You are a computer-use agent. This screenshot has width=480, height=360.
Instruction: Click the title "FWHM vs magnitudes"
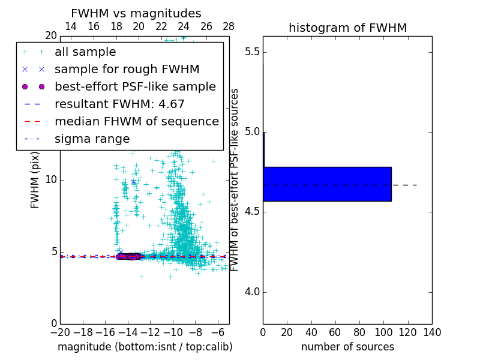pyautogui.click(x=136, y=13)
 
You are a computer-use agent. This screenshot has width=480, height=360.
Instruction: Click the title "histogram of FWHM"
pyautogui.click(x=347, y=28)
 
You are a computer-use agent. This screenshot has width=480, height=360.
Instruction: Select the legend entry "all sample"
pyautogui.click(x=85, y=52)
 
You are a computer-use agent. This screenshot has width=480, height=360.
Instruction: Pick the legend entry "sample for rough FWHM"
pyautogui.click(x=127, y=69)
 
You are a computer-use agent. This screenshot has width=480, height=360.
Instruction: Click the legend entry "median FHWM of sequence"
pyautogui.click(x=136, y=121)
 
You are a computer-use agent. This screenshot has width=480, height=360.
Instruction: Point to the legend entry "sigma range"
pyautogui.click(x=92, y=139)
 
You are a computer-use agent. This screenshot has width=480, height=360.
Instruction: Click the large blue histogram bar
pyautogui.click(x=327, y=184)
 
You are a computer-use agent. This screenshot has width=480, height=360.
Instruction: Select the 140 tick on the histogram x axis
pyautogui.click(x=432, y=332)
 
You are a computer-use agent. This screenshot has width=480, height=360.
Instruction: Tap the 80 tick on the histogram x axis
pyautogui.click(x=359, y=332)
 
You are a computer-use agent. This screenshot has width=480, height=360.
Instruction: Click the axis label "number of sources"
pyautogui.click(x=347, y=347)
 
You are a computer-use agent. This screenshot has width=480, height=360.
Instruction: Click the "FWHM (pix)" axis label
pyautogui.click(x=35, y=179)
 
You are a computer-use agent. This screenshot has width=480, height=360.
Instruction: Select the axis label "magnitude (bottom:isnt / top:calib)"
pyautogui.click(x=145, y=347)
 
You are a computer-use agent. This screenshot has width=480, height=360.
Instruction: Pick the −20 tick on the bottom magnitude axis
pyautogui.click(x=60, y=332)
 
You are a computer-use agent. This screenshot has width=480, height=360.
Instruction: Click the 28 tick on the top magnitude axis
pyautogui.click(x=229, y=26)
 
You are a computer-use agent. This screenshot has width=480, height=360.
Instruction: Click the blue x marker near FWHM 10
pyautogui.click(x=133, y=181)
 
